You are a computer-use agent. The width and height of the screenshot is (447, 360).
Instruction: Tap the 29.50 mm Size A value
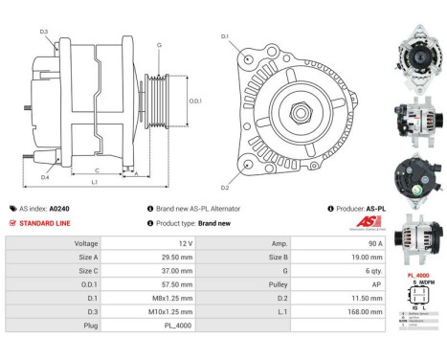tap(173, 257)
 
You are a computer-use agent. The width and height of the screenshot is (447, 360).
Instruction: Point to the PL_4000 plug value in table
tap(174, 326)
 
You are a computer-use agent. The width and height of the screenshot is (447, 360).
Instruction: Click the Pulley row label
tap(279, 284)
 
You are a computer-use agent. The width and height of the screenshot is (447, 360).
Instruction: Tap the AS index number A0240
tap(59, 208)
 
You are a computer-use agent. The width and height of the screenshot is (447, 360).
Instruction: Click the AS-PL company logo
tap(342, 224)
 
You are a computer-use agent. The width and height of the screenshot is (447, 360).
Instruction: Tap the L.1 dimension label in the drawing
tap(92, 182)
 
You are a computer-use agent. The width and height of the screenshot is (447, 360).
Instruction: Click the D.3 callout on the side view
tap(44, 32)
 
